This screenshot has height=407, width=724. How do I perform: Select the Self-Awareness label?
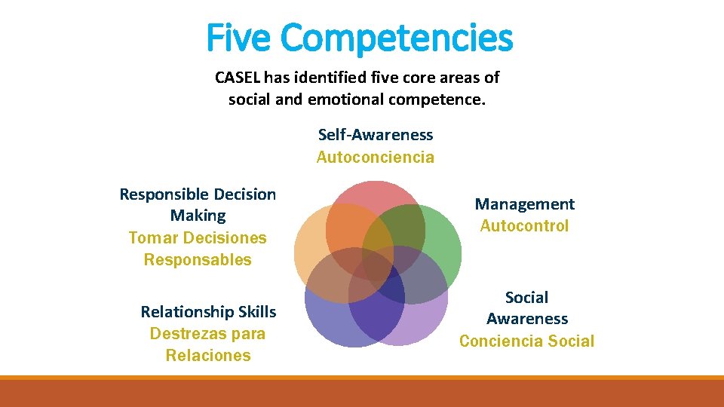pos(376,135)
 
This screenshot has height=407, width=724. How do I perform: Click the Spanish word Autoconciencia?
pos(376,157)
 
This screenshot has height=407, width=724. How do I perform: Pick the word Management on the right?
pos(524,204)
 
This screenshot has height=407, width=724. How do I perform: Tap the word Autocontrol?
pos(524,226)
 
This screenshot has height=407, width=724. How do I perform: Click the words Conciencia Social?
pos(526,341)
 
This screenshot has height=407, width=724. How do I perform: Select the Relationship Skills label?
pos(208,312)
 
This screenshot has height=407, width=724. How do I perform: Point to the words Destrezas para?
pos(207,334)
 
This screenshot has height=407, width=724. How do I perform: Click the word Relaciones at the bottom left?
pos(208,356)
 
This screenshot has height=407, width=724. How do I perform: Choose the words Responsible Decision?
pos(198,194)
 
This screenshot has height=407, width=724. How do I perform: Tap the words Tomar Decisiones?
pos(198,238)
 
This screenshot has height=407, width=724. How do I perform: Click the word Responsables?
pos(198,260)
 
